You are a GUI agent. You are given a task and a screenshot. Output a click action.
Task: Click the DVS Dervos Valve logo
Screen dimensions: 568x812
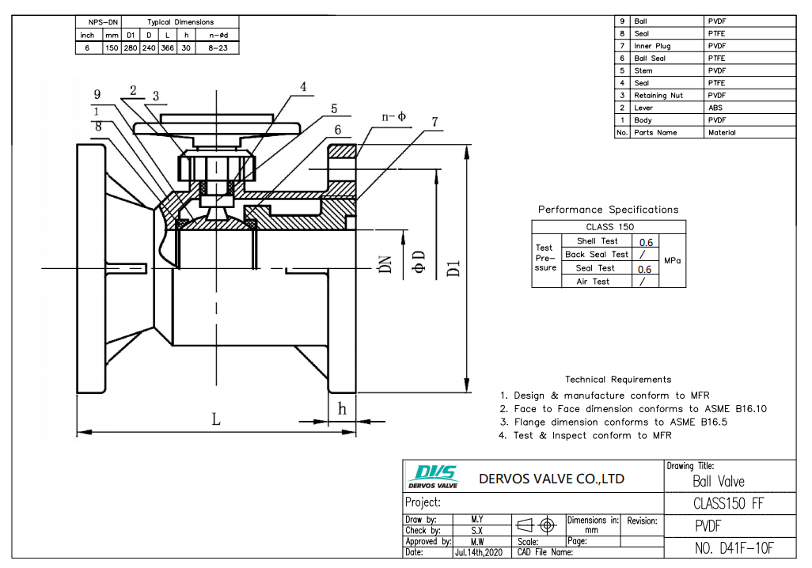pos(431,477)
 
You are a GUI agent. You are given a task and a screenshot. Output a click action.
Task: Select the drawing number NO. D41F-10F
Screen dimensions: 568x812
pos(733,547)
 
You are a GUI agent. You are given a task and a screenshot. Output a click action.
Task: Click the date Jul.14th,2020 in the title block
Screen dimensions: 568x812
pos(478,552)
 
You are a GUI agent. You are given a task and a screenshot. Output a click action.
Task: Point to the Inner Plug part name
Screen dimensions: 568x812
pos(652,46)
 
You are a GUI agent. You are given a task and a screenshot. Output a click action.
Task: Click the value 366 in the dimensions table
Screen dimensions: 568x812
pos(167,47)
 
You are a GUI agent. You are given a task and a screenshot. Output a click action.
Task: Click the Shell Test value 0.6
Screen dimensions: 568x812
pos(645,242)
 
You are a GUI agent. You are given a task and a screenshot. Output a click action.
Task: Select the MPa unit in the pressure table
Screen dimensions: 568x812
pos(672,260)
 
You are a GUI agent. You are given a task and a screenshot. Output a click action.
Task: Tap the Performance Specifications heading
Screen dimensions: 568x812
pos(608,210)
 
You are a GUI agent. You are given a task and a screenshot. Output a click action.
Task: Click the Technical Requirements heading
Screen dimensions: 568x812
pos(617,380)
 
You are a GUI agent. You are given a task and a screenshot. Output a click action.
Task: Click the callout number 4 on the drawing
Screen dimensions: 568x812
pos(303,86)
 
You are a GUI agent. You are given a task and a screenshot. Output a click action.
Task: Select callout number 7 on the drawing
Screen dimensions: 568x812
pos(434,122)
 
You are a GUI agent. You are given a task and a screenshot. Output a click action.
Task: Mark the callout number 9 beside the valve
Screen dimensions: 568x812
pos(97,94)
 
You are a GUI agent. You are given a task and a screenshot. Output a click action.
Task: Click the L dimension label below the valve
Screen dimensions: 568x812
pos(215,420)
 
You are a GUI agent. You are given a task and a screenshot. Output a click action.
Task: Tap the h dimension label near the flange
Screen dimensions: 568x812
pos(342,409)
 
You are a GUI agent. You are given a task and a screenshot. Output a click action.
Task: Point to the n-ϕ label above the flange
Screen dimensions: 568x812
pos(393,116)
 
